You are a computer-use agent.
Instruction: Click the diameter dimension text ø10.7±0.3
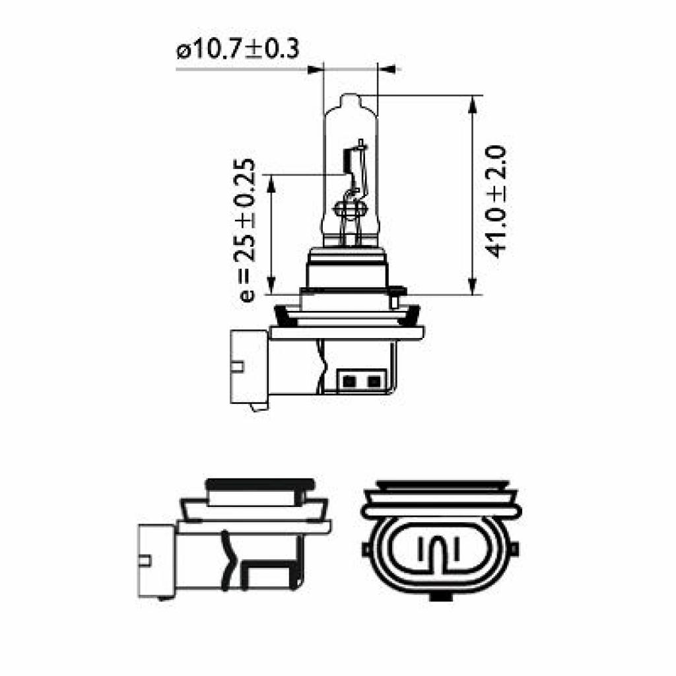(x=237, y=50)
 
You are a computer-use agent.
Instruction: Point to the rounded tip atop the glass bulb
(x=350, y=102)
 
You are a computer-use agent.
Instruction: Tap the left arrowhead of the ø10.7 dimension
(x=315, y=68)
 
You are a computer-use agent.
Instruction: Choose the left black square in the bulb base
(x=350, y=381)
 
